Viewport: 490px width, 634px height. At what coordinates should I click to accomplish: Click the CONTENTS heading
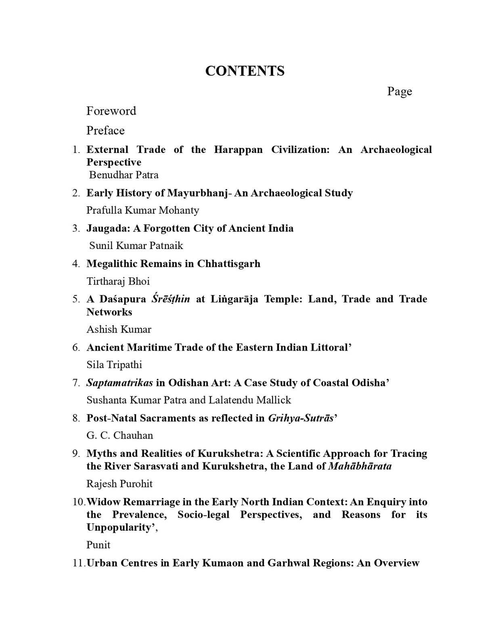[x=245, y=71]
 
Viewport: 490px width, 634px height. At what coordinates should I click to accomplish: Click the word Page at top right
[x=399, y=91]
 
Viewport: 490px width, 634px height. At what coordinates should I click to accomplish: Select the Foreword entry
[x=111, y=111]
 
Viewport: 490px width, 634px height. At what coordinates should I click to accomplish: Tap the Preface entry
[x=105, y=130]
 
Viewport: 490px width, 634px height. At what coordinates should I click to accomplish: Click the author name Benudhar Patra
[x=124, y=175]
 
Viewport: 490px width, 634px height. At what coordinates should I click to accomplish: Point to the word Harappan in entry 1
[x=238, y=150]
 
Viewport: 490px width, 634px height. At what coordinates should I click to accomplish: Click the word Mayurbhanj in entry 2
[x=197, y=193]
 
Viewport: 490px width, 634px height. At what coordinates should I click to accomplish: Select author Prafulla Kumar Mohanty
[x=142, y=210]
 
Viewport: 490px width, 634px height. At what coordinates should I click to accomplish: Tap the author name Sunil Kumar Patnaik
[x=136, y=245]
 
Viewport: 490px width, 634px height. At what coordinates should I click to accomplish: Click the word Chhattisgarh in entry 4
[x=228, y=264]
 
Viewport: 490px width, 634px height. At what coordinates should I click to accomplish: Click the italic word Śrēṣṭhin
[x=170, y=299]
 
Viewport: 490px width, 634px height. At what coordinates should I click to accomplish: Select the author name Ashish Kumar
[x=119, y=329]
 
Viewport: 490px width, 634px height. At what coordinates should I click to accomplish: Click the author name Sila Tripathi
[x=114, y=365]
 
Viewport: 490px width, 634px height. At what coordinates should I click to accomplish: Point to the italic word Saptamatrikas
[x=119, y=383]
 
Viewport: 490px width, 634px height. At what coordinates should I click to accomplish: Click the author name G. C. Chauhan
[x=119, y=435]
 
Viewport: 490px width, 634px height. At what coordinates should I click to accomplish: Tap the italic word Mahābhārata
[x=360, y=466]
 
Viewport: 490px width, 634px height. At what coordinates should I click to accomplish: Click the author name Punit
[x=98, y=545]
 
